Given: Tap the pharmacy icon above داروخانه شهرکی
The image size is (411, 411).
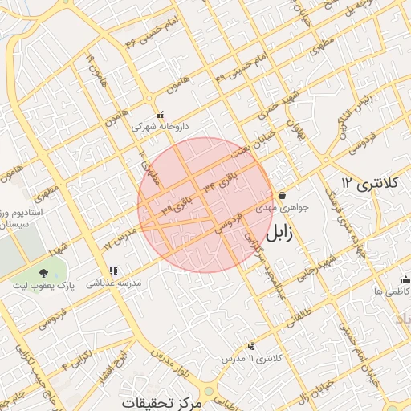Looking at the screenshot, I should point(159,114).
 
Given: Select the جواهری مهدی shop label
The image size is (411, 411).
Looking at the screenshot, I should point(276,206).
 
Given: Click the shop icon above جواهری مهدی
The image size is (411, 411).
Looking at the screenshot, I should point(283,195).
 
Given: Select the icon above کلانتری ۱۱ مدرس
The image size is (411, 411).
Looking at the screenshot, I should point(252,346).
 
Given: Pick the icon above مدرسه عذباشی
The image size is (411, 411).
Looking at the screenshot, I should point(113,271).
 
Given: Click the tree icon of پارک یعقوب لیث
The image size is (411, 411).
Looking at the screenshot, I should point(43,273).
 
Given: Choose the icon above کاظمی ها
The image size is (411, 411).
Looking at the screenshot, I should point(405,280).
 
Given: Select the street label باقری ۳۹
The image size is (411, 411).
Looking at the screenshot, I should point(177,202).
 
